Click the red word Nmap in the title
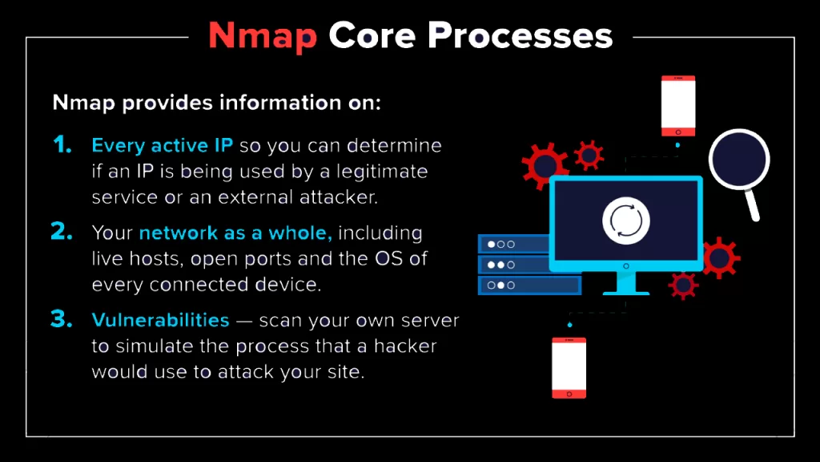[x=261, y=36]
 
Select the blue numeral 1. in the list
[x=62, y=145]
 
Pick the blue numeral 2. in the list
[x=62, y=232]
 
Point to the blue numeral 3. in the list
[x=62, y=318]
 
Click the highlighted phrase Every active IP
[x=162, y=146]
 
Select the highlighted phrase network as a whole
[x=235, y=233]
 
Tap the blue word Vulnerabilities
[x=160, y=319]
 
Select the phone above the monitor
[x=677, y=106]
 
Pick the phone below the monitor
[x=569, y=367]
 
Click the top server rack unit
[x=513, y=244]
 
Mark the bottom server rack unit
[x=529, y=285]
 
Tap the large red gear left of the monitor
[x=546, y=165]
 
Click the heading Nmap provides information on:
[x=216, y=103]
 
